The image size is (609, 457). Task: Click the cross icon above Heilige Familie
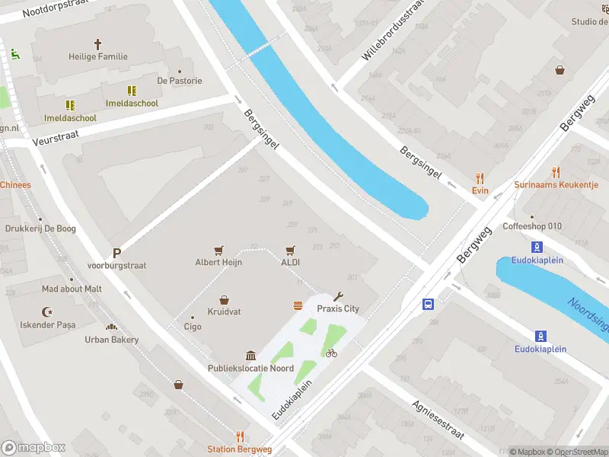coord(97,44)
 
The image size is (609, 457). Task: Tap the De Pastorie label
coord(180,81)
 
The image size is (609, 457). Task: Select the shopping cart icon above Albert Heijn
coord(218,250)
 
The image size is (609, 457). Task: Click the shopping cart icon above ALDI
coord(290,250)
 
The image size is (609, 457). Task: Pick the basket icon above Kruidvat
coord(224,300)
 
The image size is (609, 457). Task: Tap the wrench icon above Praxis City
coord(339,297)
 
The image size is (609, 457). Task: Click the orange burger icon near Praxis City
coord(298,306)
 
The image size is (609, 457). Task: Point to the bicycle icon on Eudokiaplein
coord(330,353)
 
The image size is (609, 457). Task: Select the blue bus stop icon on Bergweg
coord(429,305)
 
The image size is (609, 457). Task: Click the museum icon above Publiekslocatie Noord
coord(250,356)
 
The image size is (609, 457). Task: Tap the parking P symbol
coord(116,254)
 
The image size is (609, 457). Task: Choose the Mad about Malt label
coord(72,289)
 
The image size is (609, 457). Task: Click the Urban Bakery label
coord(112,340)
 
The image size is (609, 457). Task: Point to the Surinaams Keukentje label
coord(556,185)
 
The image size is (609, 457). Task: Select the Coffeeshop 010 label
coord(532,227)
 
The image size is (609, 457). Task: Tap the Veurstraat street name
coord(56,137)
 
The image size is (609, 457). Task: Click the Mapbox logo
coord(33,448)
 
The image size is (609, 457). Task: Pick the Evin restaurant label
coord(480,190)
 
